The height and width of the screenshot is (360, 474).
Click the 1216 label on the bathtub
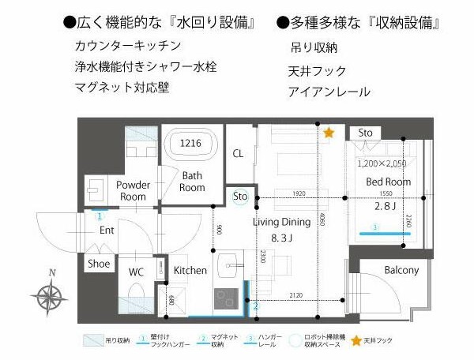(190, 143)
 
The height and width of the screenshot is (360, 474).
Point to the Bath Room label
(192, 182)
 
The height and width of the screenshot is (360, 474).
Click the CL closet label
(238, 152)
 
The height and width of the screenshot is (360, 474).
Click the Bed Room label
(388, 182)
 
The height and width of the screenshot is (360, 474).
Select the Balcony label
(401, 271)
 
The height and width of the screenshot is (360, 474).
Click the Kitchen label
(190, 271)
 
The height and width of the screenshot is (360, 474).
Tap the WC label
(136, 272)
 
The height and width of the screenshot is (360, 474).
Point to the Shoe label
(99, 264)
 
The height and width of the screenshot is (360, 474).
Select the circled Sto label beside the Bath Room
(241, 196)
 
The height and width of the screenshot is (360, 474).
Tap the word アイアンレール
(329, 92)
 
